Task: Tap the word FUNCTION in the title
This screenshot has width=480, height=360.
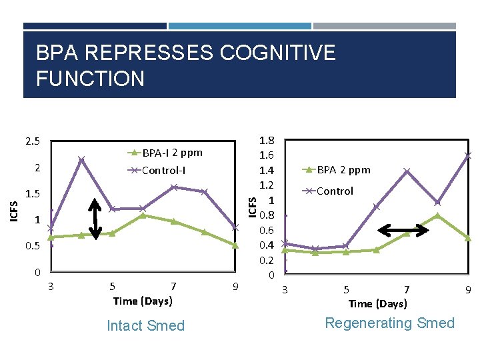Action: pyautogui.click(x=90, y=79)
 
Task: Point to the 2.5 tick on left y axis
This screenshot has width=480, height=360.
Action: pyautogui.click(x=32, y=141)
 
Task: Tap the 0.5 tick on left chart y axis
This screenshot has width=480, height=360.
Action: pyautogui.click(x=32, y=246)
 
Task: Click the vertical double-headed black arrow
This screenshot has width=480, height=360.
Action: pyautogui.click(x=95, y=219)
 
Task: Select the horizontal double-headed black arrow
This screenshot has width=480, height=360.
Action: pyautogui.click(x=403, y=231)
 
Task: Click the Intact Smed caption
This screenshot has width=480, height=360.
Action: pyautogui.click(x=145, y=325)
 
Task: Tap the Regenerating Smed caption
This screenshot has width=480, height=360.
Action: pyautogui.click(x=389, y=323)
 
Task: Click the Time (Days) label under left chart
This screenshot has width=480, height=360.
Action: pyautogui.click(x=143, y=301)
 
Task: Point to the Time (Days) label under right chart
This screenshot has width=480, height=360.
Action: pyautogui.click(x=377, y=303)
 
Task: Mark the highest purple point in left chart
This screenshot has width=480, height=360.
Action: pyautogui.click(x=81, y=159)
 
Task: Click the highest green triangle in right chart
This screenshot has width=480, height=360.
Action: pyautogui.click(x=437, y=215)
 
